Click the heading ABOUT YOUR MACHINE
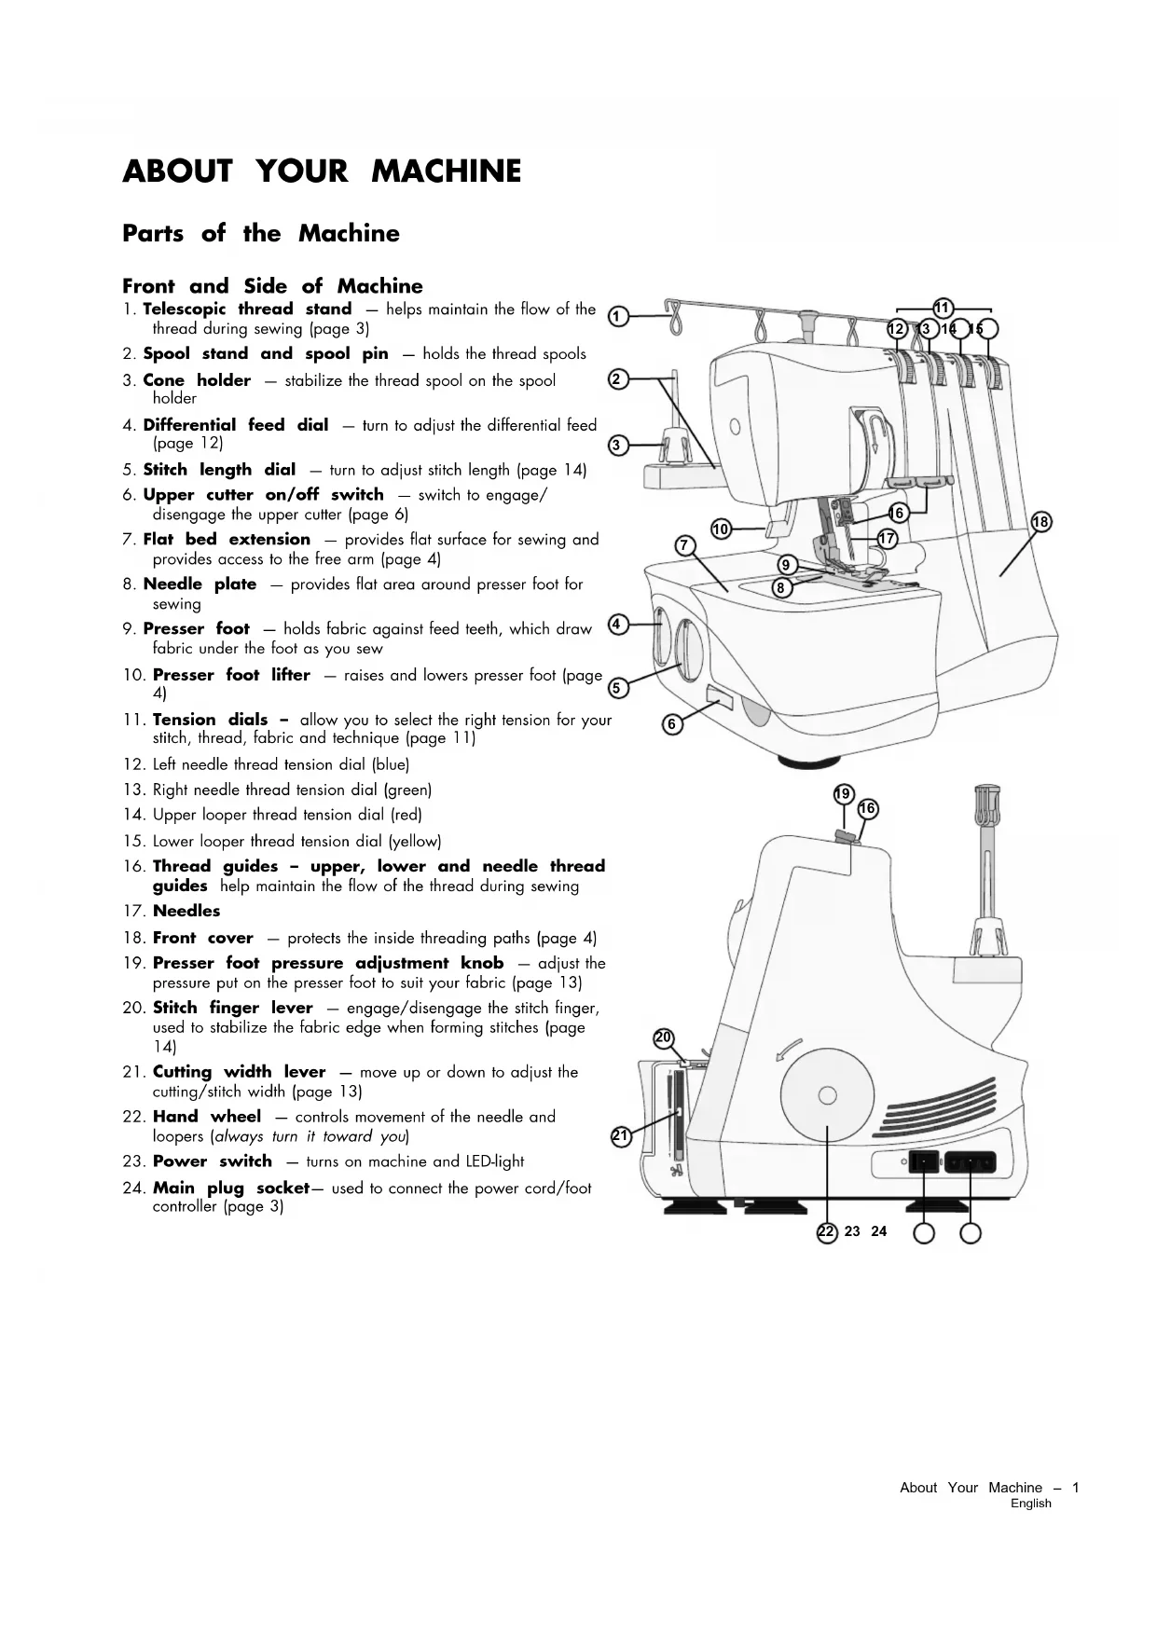[322, 172]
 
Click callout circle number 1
[616, 317]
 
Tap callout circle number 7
[685, 545]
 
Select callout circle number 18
[1040, 522]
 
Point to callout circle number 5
[617, 689]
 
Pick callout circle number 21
[621, 1135]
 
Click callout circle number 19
[843, 794]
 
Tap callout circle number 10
[721, 529]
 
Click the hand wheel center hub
[827, 1094]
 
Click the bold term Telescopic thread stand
[247, 309]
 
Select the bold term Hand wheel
[207, 1117]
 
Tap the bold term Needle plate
[200, 584]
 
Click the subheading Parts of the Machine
[261, 234]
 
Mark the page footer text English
[1031, 1504]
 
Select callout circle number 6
[671, 724]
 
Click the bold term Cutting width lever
[240, 1072]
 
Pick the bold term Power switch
[213, 1161]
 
